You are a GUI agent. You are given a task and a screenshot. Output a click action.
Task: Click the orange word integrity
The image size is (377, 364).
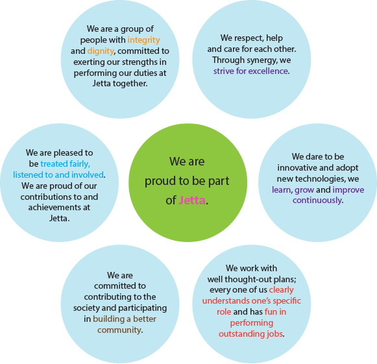click(144, 40)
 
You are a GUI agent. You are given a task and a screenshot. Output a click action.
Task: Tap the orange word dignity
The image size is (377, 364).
click(101, 51)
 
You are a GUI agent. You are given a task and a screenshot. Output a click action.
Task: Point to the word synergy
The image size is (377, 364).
click(245, 60)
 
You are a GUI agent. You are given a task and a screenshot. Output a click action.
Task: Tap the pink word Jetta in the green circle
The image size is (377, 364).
click(192, 200)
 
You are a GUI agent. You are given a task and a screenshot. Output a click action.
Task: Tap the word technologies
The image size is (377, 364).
click(320, 179)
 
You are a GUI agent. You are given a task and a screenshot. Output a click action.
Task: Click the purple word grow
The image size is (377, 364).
click(304, 190)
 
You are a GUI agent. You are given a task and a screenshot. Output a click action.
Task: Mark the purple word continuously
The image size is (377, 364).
click(317, 200)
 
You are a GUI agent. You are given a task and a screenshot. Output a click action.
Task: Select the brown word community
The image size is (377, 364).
click(119, 330)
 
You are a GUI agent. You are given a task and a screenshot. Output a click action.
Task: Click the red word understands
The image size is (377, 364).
click(226, 301)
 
